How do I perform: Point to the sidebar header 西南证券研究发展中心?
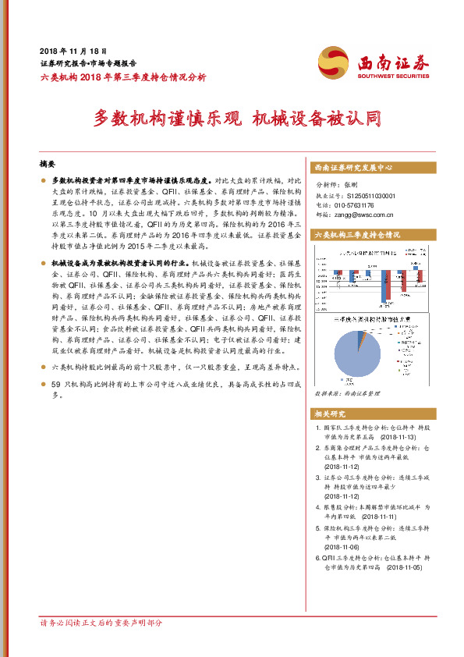coord(352,168)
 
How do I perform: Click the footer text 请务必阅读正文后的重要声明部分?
coord(101,623)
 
